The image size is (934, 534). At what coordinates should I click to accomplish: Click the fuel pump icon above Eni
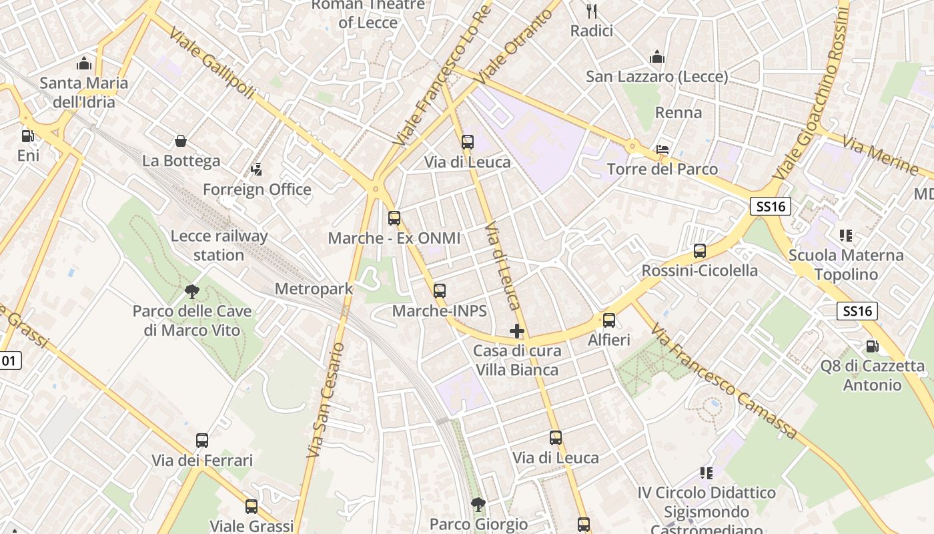(27, 136)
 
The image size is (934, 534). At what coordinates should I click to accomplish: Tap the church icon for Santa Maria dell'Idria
(84, 63)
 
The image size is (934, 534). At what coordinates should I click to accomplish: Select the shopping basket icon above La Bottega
(180, 141)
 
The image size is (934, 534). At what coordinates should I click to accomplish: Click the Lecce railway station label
(219, 245)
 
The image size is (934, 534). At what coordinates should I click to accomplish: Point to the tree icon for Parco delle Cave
(192, 291)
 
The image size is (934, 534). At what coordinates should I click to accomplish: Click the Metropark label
(314, 289)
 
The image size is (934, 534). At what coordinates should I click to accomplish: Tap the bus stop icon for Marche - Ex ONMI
(394, 218)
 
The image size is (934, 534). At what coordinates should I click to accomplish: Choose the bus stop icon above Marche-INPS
(439, 290)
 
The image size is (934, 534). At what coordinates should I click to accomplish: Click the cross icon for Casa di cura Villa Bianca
(516, 330)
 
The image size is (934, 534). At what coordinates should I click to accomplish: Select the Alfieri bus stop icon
(608, 320)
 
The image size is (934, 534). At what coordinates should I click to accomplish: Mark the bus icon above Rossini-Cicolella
(699, 251)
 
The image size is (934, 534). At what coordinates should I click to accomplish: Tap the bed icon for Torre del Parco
(662, 149)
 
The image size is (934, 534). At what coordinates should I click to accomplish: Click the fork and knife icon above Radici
(591, 11)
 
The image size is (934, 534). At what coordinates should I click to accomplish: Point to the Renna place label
(678, 112)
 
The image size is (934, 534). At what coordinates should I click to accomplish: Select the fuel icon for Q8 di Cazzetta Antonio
(872, 346)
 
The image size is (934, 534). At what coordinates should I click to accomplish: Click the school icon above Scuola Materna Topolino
(845, 235)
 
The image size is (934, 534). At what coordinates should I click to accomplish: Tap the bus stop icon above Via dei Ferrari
(202, 441)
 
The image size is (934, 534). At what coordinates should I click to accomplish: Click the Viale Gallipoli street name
(211, 63)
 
